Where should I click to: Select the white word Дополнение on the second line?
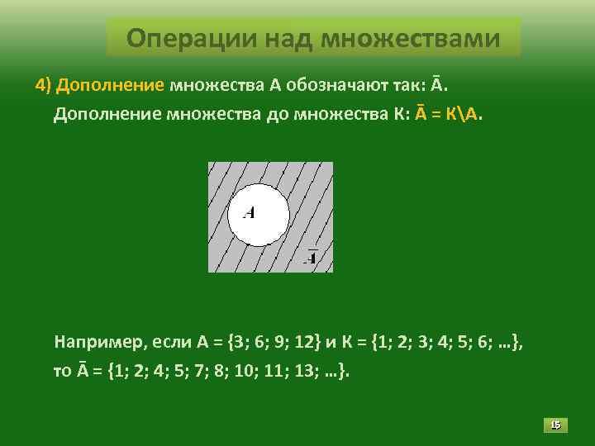108,113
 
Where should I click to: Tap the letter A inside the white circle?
249,212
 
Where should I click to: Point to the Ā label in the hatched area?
312,257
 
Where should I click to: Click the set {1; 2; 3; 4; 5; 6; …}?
439,340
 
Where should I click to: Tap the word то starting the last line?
62,371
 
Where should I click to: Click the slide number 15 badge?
555,425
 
